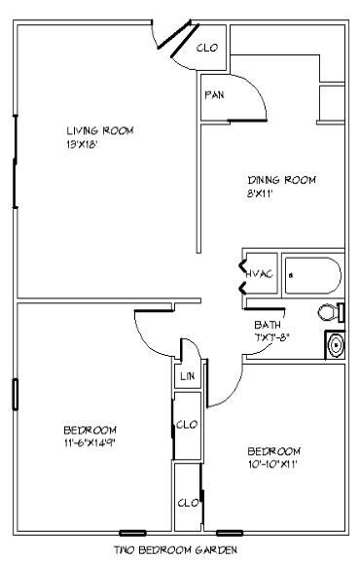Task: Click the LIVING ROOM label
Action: click(99, 130)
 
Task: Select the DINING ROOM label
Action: click(283, 180)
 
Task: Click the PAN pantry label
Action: click(215, 95)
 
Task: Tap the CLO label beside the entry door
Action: click(206, 47)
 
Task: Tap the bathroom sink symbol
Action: click(337, 345)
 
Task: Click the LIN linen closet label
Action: click(186, 376)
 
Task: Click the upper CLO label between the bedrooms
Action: click(188, 424)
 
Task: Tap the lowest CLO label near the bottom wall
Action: click(187, 503)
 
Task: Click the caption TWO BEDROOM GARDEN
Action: click(175, 550)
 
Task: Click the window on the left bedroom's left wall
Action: click(15, 395)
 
